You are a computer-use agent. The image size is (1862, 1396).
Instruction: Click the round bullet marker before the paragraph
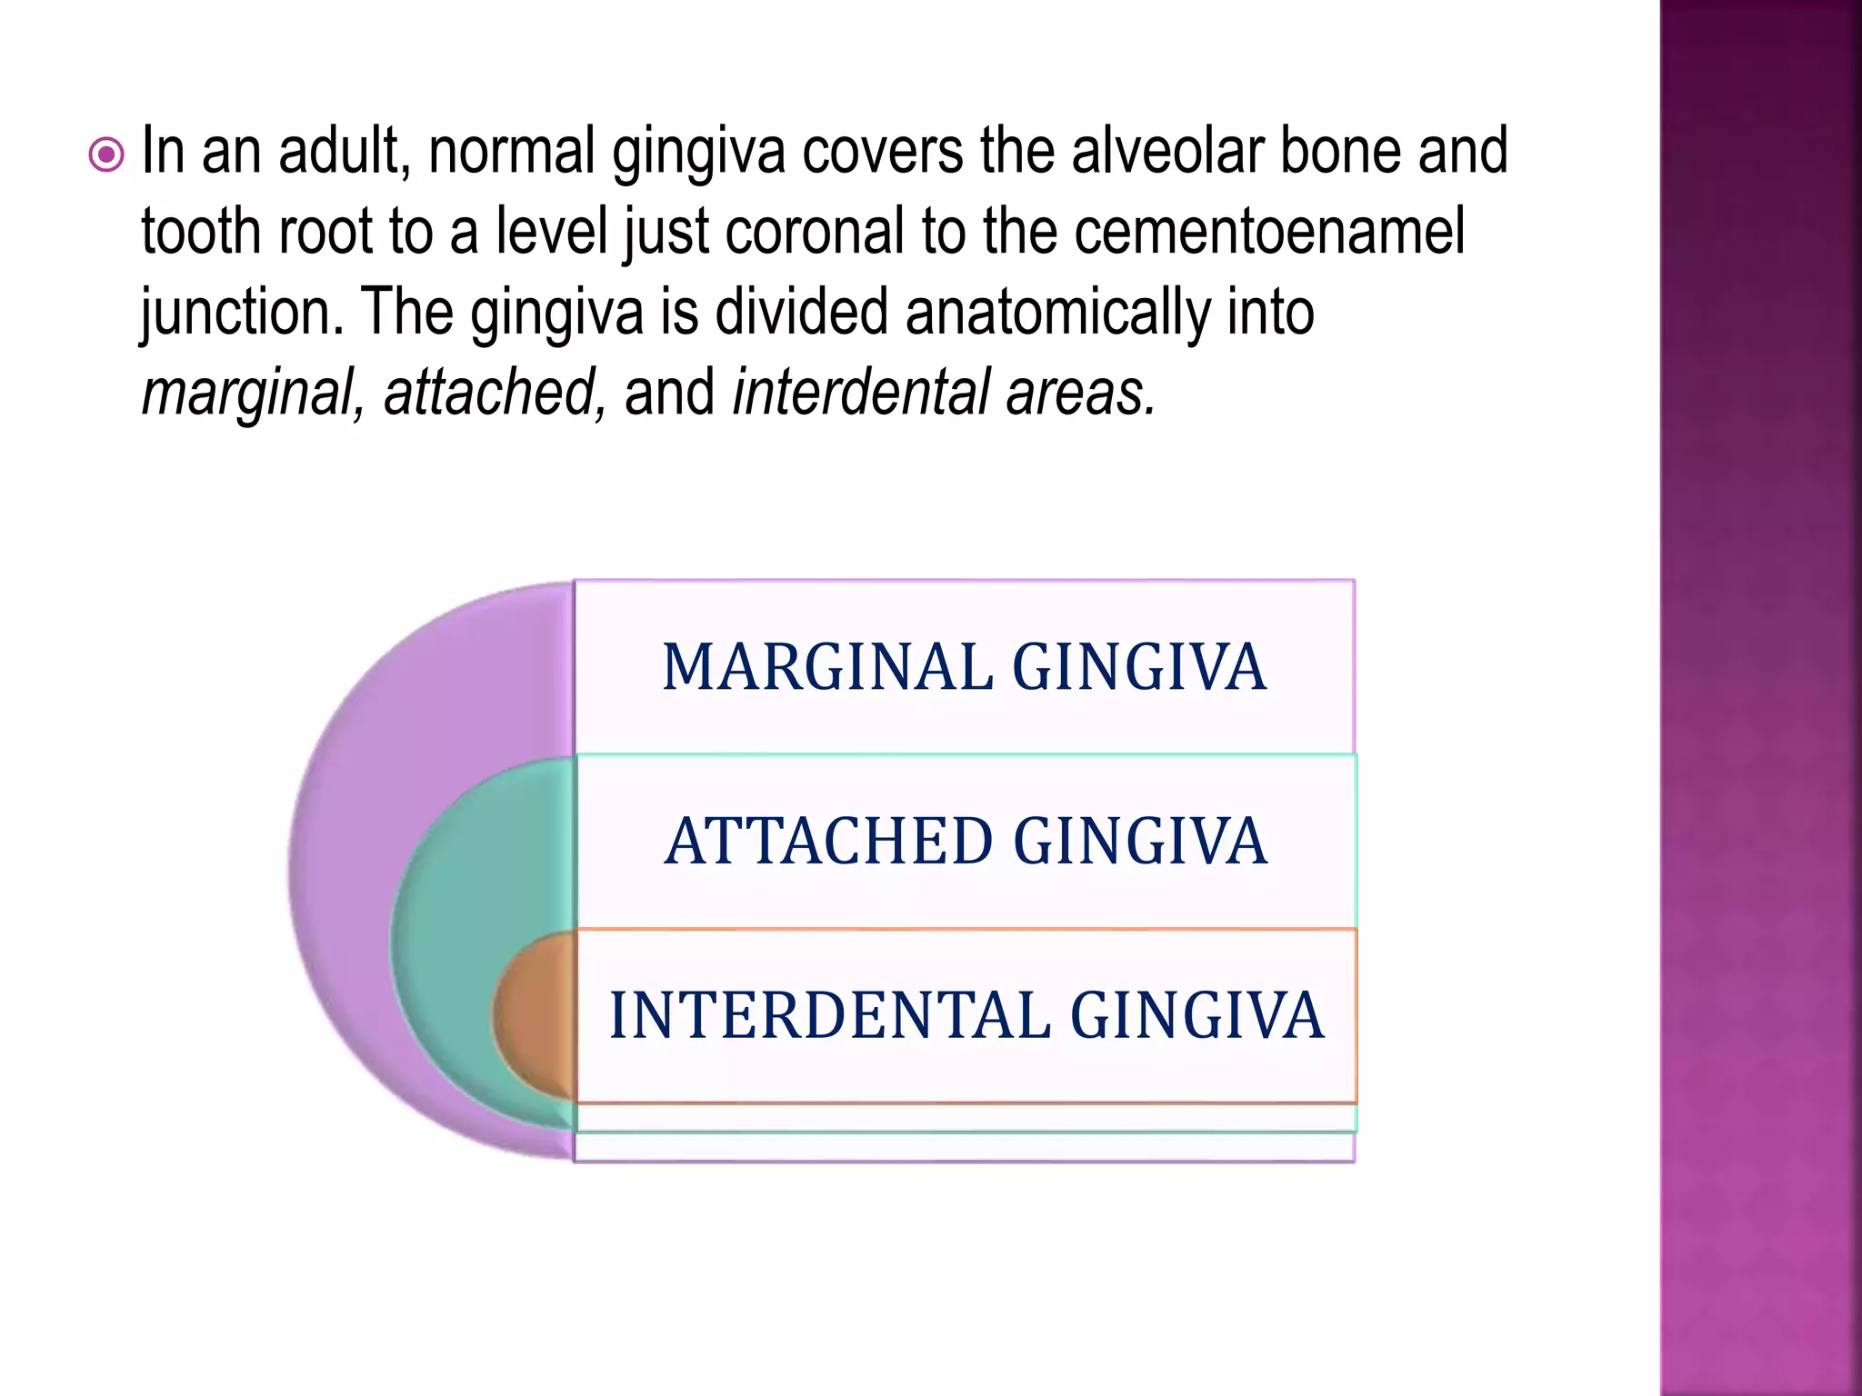coord(107,155)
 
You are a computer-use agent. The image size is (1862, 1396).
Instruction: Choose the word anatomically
coord(1057,312)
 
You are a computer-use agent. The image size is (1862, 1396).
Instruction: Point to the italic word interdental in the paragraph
coord(860,393)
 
